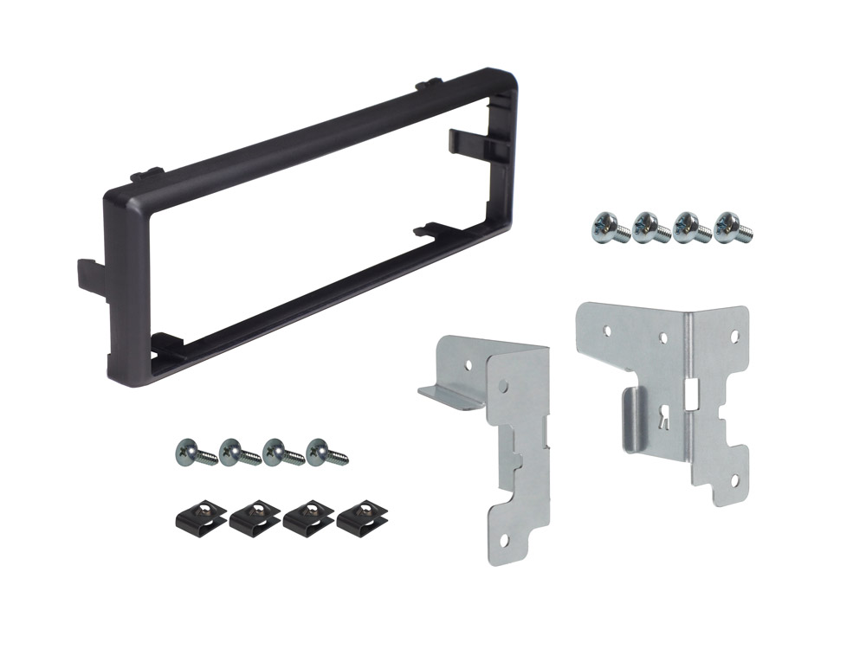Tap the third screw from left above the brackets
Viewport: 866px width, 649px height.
coord(689,227)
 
